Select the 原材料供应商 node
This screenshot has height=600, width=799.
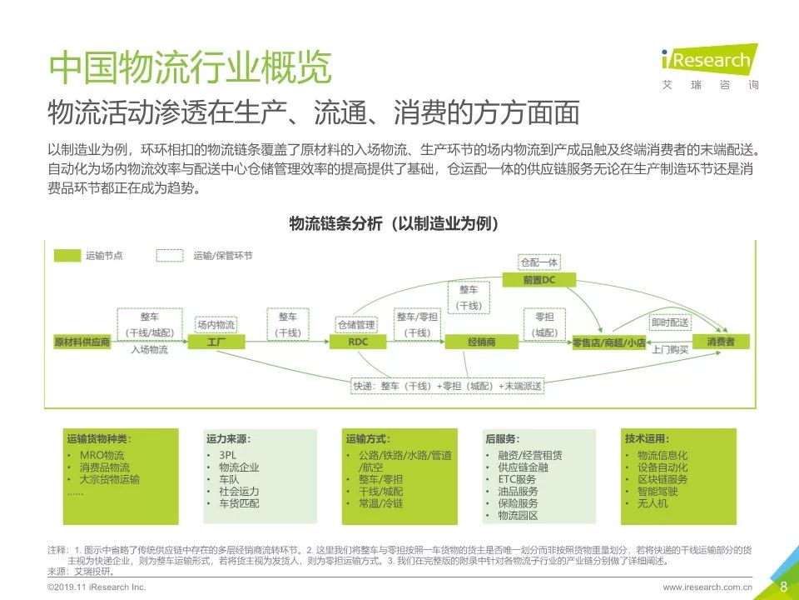tap(82, 342)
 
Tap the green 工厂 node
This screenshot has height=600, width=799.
tap(216, 342)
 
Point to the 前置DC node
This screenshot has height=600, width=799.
tap(538, 281)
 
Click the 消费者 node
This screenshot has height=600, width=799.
tap(720, 342)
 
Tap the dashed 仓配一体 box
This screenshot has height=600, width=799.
tap(538, 262)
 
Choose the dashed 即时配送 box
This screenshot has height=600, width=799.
tap(671, 321)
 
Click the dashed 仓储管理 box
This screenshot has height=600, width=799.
tap(355, 323)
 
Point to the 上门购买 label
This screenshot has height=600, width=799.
tap(671, 350)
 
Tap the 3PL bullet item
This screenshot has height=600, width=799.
tap(227, 455)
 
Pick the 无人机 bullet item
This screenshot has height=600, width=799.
tap(653, 503)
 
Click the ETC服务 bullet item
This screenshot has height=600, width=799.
tap(516, 479)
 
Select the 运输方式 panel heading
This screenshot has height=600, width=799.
tap(368, 438)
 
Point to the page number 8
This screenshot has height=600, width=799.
tap(783, 587)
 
